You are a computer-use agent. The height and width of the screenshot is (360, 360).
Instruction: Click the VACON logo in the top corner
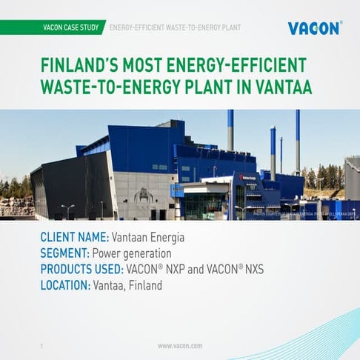click(315, 28)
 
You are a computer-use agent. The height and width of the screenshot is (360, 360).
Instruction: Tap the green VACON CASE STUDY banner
click(71, 28)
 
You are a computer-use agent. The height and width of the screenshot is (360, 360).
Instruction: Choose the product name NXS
click(250, 269)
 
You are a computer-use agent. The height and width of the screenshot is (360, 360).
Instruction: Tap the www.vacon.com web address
click(180, 346)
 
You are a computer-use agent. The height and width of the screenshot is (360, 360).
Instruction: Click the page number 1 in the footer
click(41, 346)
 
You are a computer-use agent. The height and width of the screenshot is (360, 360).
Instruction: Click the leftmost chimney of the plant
click(230, 130)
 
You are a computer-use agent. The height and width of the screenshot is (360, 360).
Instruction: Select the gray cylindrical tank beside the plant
click(352, 178)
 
